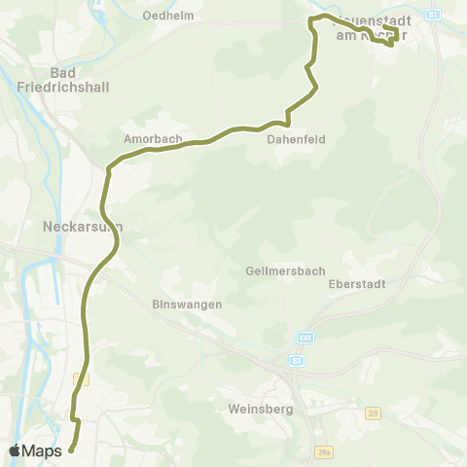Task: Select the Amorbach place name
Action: coord(153,139)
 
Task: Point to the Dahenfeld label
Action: coord(288,139)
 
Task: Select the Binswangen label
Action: coord(188,304)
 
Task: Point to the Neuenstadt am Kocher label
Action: coord(372,28)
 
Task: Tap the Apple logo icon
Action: coord(15,449)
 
